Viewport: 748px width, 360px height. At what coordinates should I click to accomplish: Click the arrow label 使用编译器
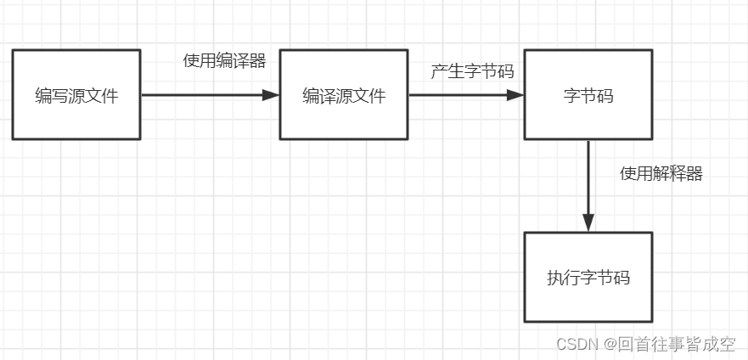pos(224,60)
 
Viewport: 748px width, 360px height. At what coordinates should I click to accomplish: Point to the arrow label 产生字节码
pos(472,71)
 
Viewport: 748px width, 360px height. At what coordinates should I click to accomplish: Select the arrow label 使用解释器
pos(661,174)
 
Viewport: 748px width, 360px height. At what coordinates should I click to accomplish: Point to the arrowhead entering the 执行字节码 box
pos(588,222)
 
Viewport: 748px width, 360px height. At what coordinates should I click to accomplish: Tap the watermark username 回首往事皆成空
pos(677,344)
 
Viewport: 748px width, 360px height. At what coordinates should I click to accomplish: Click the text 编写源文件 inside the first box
pos(76,95)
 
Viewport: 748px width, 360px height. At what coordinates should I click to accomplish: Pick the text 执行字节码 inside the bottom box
pos(588,278)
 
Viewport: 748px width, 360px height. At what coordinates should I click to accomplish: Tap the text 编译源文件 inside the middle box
pos(344,95)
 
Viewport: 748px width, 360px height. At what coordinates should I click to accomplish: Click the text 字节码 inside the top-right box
pos(588,95)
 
